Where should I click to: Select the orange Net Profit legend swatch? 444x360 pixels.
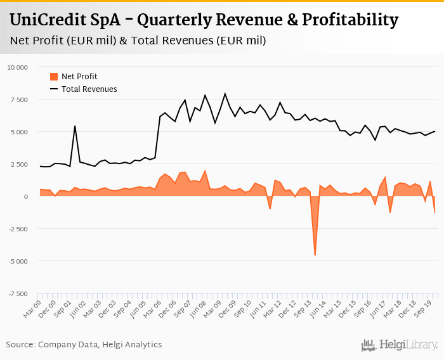pos(54,77)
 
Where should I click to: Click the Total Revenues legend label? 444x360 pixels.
pos(89,89)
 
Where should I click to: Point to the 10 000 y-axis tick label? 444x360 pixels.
pos(17,67)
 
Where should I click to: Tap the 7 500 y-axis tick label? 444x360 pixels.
pos(19,100)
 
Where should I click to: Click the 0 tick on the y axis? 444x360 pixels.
pos(26,196)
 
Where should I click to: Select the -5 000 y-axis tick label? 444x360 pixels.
pos(18,261)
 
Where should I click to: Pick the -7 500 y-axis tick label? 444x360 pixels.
pos(18,293)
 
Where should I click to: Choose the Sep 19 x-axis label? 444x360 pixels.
pos(423,307)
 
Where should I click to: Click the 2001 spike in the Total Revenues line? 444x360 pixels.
pos(75,126)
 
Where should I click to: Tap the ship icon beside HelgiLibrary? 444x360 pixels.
pos(369,345)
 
